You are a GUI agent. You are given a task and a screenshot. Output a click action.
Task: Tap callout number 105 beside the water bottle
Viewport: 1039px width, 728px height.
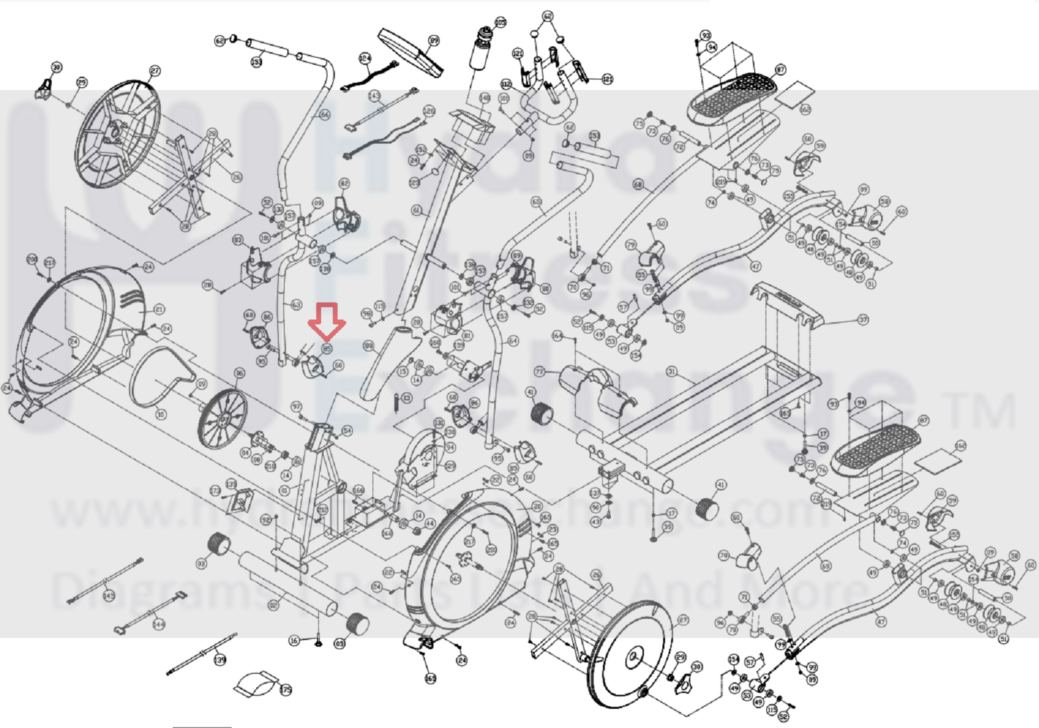(500, 23)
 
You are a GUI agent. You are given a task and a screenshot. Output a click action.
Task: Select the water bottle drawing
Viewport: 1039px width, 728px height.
(481, 48)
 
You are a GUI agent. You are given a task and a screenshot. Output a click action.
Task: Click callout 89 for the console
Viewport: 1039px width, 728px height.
(434, 41)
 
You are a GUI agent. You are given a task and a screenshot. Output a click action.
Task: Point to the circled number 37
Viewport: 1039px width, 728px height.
(862, 319)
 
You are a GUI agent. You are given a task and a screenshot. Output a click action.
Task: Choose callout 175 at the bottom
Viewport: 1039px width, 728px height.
(285, 690)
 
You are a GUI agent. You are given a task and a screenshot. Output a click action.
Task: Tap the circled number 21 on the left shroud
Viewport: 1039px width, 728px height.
(159, 309)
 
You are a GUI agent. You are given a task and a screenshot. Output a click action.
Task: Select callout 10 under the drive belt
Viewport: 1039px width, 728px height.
(160, 415)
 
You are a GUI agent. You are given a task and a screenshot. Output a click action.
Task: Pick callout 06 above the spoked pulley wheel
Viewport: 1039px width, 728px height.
(239, 373)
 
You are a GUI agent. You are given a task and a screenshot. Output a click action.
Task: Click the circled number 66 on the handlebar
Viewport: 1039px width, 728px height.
(324, 115)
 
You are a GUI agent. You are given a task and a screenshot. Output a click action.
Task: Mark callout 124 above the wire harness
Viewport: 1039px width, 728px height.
(365, 58)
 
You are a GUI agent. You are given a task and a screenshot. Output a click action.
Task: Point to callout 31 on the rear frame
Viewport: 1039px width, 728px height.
(671, 372)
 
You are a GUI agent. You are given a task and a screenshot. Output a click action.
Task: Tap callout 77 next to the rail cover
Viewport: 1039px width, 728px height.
(540, 372)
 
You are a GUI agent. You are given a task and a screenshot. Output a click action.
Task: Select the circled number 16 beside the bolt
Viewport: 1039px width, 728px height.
(294, 641)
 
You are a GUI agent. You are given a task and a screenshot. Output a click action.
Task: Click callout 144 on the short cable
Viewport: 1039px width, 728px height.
(159, 624)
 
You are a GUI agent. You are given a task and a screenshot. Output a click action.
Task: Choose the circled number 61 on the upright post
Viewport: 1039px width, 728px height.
(417, 211)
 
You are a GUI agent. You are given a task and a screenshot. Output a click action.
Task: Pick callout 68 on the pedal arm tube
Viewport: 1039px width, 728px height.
(638, 185)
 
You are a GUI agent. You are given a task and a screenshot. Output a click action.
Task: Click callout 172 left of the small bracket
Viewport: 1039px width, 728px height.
(215, 491)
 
